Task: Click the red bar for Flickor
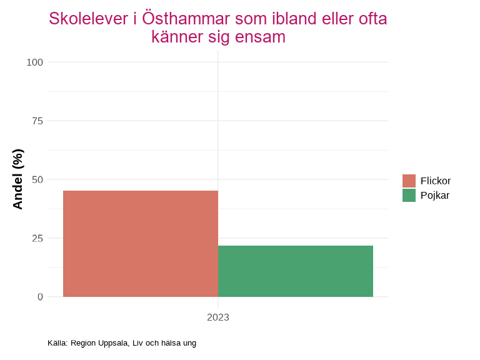point(141,244)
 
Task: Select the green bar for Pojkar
point(296,271)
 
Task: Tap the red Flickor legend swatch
point(409,181)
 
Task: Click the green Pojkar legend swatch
point(409,195)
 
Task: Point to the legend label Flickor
point(436,181)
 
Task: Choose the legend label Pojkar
point(435,195)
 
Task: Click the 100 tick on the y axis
point(35,62)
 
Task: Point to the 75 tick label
point(37,121)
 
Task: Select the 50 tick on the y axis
point(37,179)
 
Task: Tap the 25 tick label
point(37,238)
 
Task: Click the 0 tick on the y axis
point(40,297)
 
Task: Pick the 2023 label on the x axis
point(218,317)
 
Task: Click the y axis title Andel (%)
point(17,179)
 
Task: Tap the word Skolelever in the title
point(89,19)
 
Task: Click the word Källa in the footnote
point(57,343)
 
